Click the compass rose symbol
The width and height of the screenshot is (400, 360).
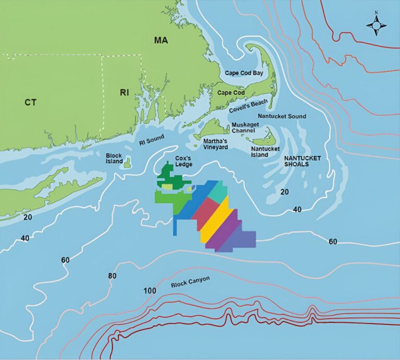[376, 24]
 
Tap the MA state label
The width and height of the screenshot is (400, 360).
[160, 40]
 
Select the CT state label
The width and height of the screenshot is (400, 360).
[31, 102]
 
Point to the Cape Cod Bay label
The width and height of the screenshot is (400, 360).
[244, 73]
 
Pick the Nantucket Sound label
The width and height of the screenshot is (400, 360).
[282, 116]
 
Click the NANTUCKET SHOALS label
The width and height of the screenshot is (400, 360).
[302, 160]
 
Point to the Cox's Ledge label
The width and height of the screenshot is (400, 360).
[183, 161]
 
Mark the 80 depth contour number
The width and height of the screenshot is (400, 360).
[112, 275]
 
